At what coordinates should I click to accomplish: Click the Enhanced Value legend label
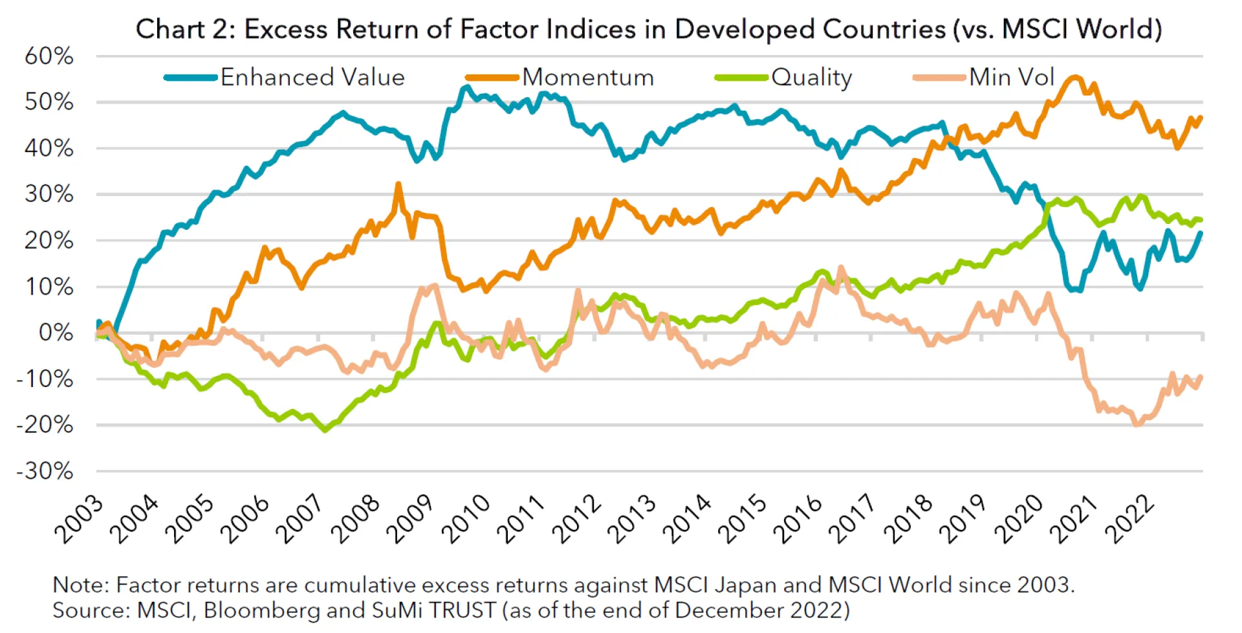[x=312, y=78]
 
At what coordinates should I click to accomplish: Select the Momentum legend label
[x=588, y=78]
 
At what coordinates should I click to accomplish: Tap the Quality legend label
[x=811, y=78]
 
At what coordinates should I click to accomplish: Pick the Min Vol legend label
[x=1011, y=78]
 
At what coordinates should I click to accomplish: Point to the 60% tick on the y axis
[x=49, y=56]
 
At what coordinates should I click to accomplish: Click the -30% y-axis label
[x=45, y=471]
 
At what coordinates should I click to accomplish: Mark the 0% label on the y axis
[x=56, y=333]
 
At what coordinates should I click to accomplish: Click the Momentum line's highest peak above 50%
[x=1074, y=78]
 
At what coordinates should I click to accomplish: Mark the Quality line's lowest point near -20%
[x=325, y=430]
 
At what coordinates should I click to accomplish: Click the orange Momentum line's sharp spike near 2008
[x=398, y=184]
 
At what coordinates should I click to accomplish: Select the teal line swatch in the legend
[x=190, y=78]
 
